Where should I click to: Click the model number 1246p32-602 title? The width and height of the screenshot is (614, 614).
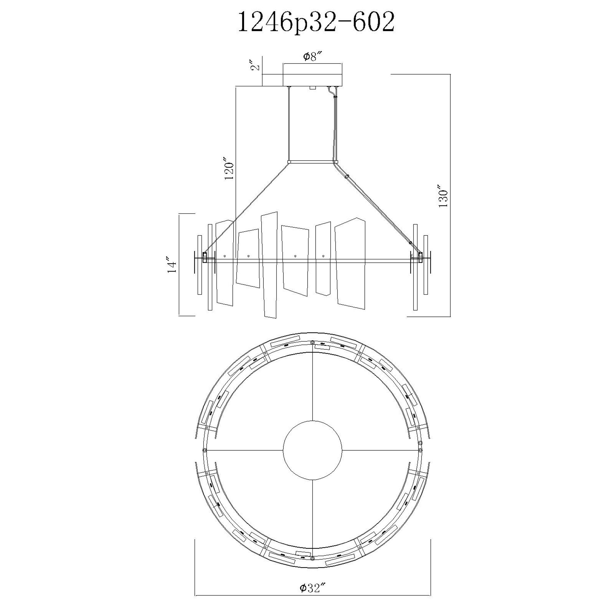point(316,21)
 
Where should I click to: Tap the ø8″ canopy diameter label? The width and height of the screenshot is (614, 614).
point(313,57)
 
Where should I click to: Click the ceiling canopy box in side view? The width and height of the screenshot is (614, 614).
point(313,75)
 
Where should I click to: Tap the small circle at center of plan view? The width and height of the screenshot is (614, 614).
point(313,450)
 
